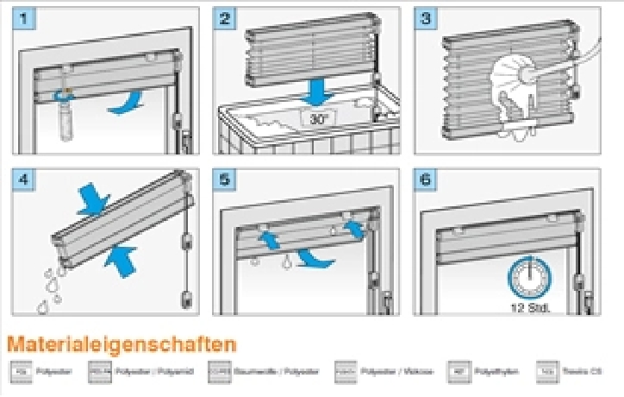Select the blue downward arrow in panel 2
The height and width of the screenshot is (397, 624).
(x=318, y=90)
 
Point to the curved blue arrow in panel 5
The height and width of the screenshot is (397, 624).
(x=314, y=257)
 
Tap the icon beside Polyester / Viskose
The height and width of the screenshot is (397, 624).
(x=346, y=371)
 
